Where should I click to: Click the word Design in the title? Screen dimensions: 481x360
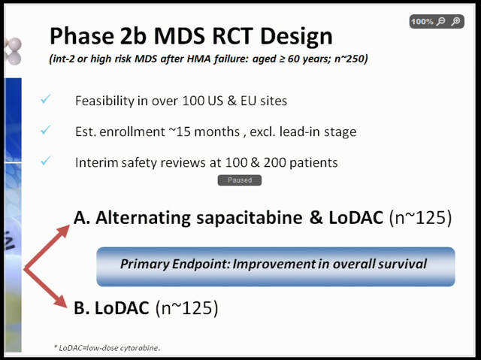(x=296, y=36)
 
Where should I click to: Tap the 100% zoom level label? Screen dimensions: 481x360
(x=422, y=22)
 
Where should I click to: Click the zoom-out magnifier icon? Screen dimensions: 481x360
(x=441, y=22)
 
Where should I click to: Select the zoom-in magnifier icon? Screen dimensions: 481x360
(x=456, y=22)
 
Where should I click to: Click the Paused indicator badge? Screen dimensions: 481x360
(x=240, y=180)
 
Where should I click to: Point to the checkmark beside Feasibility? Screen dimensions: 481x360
(x=46, y=99)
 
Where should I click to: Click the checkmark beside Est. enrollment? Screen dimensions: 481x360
(x=46, y=130)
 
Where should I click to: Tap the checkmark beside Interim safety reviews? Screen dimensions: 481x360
(x=46, y=160)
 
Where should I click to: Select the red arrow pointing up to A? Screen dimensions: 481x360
(x=47, y=247)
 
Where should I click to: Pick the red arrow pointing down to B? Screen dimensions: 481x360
(x=45, y=289)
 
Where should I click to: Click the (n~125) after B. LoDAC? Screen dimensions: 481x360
(x=187, y=308)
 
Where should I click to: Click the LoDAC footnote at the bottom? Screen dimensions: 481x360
(x=107, y=348)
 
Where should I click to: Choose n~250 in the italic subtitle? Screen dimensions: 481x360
(x=351, y=59)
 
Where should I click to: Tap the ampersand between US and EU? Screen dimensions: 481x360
(x=231, y=101)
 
